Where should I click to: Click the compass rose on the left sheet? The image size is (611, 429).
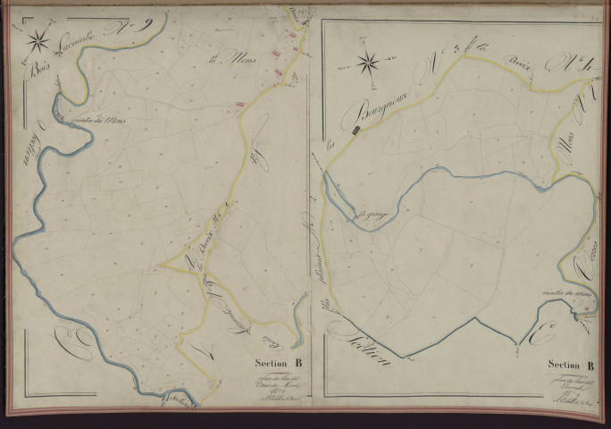(x=38, y=40)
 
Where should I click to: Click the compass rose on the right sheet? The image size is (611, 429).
(x=366, y=63)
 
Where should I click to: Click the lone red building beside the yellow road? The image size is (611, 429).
(x=239, y=105)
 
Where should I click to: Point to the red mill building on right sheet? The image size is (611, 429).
(x=585, y=308)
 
